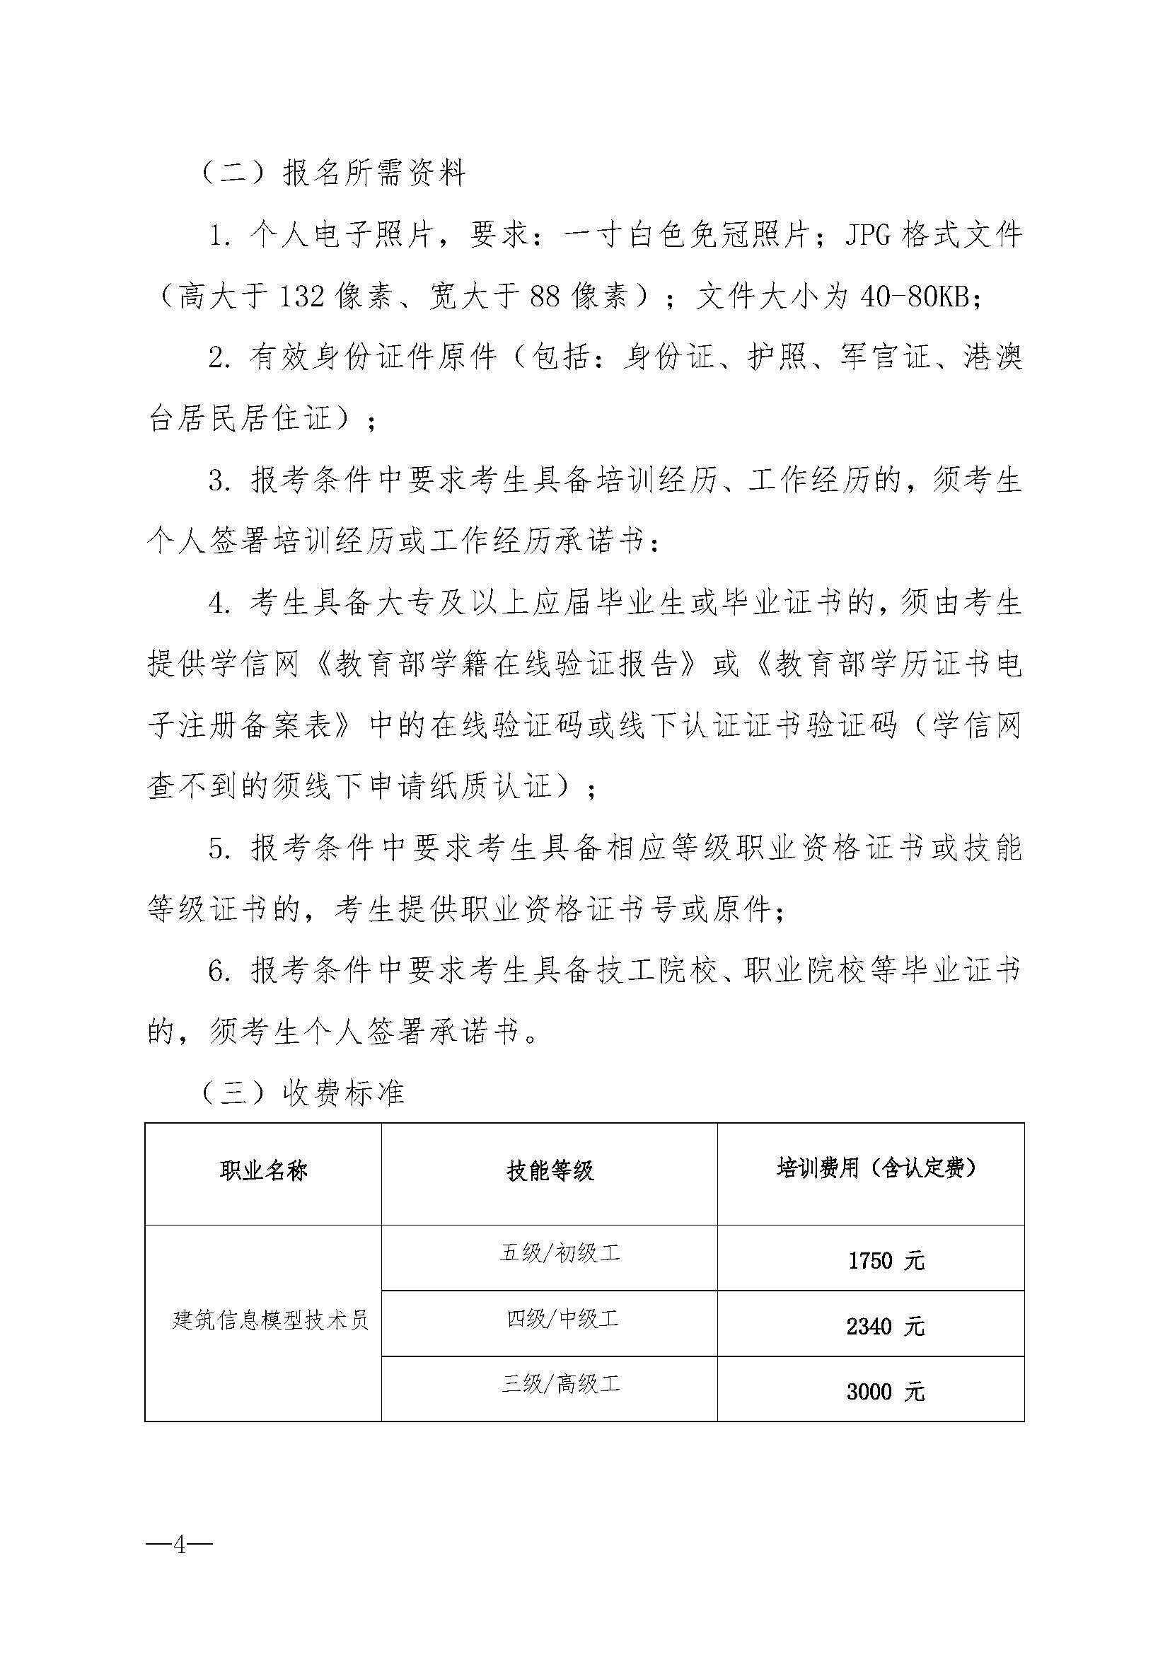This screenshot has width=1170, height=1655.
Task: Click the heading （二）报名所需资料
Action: point(333,174)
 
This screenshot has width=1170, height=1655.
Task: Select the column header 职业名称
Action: point(264,1170)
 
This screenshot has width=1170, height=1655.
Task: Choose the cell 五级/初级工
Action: point(560,1254)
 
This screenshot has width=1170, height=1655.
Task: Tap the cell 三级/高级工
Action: point(560,1383)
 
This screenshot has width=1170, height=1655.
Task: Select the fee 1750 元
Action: point(886,1261)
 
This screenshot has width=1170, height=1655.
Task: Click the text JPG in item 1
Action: point(868,236)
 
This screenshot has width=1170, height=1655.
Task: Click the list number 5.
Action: point(219,850)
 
